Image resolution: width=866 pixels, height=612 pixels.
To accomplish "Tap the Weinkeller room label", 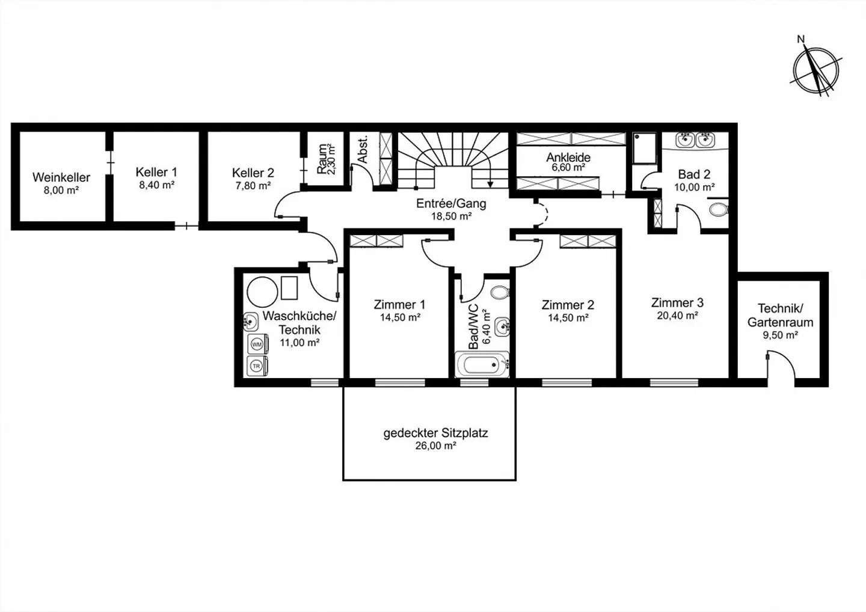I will (x=61, y=177).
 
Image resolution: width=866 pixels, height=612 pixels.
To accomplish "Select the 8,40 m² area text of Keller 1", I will (x=156, y=185).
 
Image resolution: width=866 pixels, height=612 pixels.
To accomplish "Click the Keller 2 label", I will (x=253, y=173).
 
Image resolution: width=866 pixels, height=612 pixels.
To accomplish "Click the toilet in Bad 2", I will (x=719, y=210).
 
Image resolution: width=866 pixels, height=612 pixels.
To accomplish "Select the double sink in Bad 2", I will (x=695, y=141).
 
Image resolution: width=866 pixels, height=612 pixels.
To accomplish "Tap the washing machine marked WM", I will (x=257, y=344).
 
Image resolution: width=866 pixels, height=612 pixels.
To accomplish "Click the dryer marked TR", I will (x=257, y=366).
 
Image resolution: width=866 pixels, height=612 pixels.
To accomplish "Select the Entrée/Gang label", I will (x=451, y=204).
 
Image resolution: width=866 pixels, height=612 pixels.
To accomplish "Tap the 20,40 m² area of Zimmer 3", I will (x=677, y=316).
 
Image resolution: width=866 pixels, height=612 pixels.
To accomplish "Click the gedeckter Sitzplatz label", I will (x=435, y=433).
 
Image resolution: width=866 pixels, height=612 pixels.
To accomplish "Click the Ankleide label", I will (x=568, y=158).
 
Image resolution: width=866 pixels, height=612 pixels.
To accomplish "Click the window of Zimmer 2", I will (x=566, y=382).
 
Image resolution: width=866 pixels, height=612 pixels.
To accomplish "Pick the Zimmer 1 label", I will (x=399, y=305).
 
